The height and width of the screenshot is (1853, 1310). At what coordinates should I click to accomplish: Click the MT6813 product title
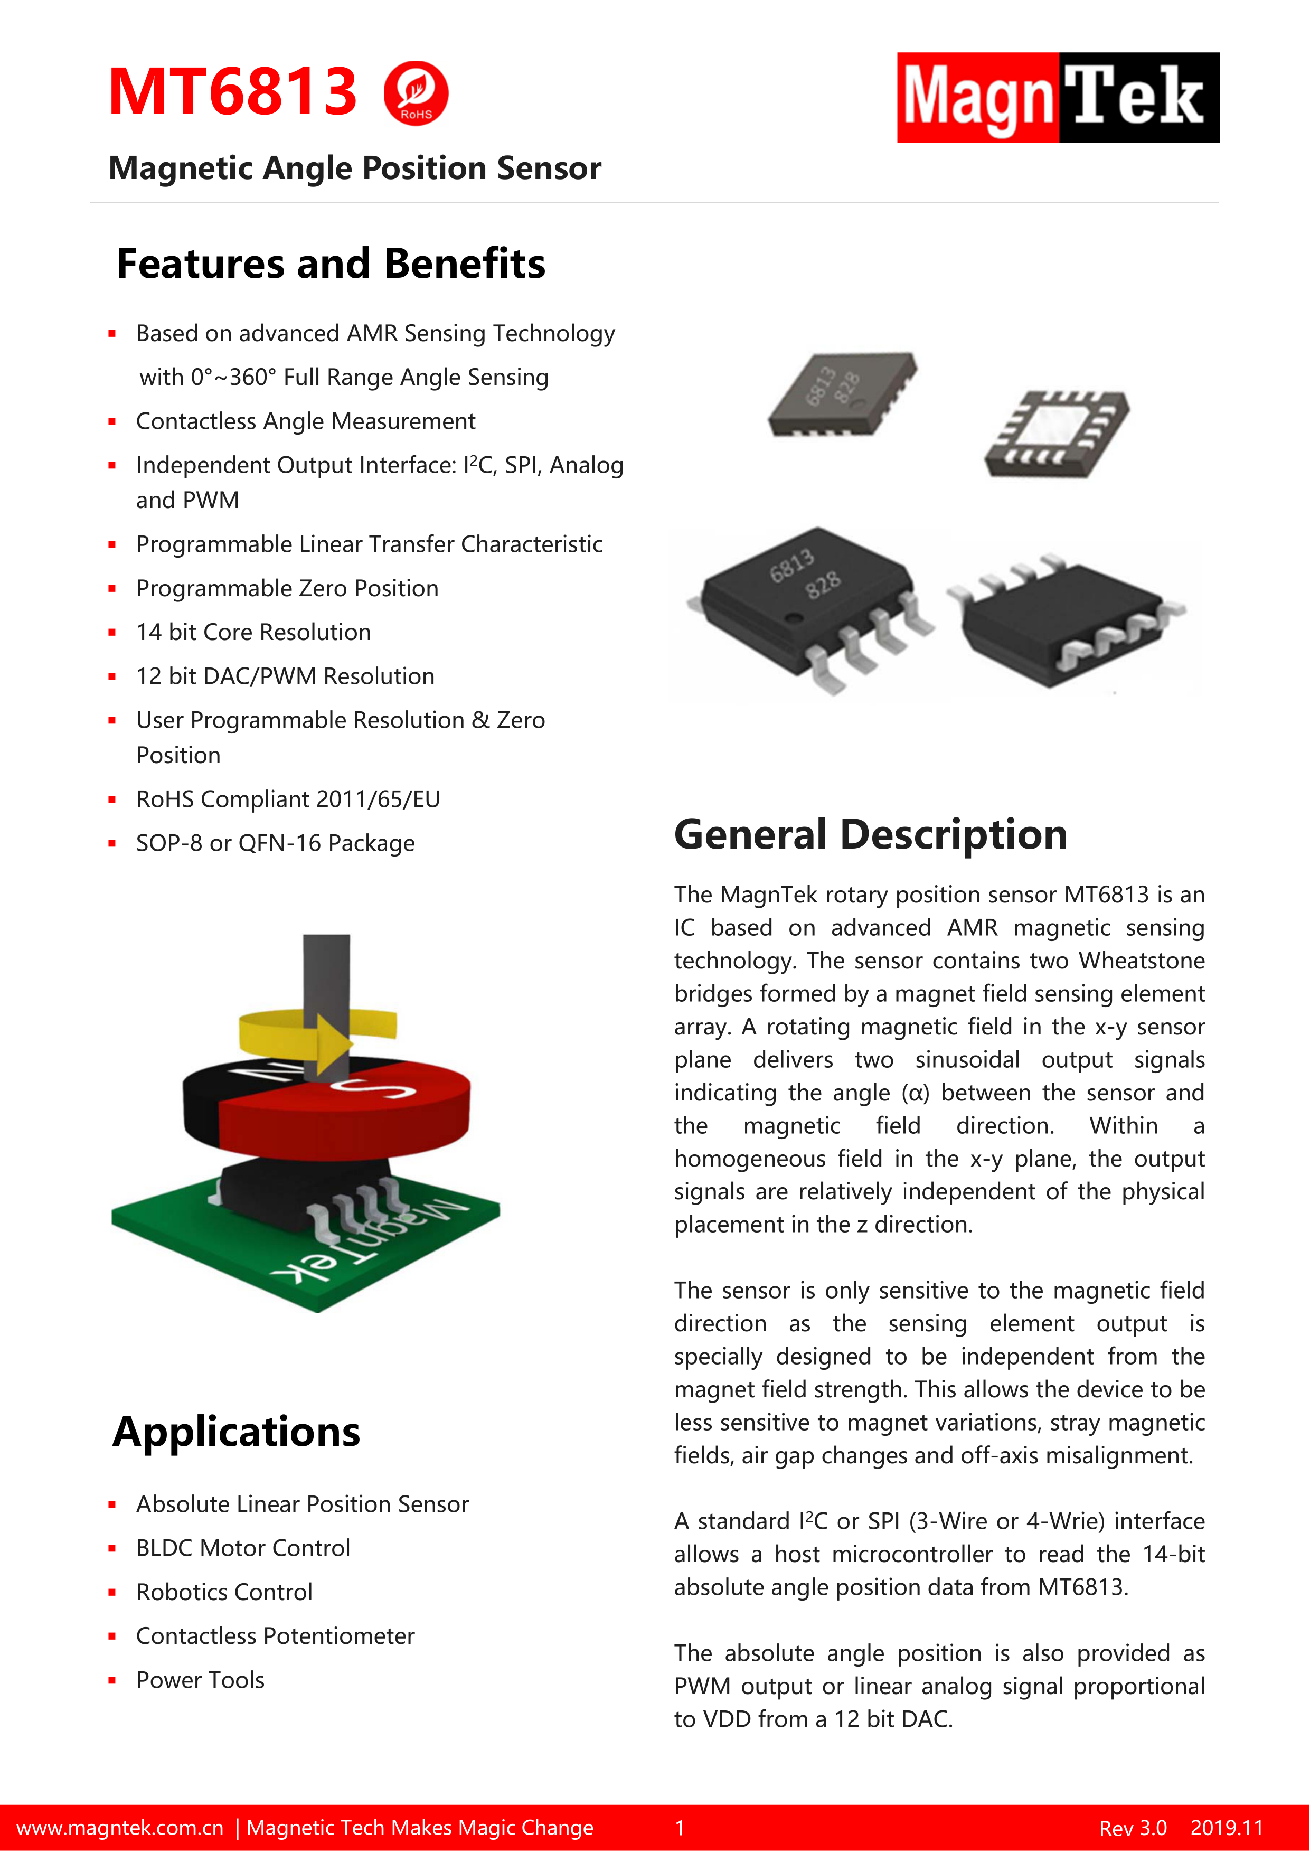click(232, 92)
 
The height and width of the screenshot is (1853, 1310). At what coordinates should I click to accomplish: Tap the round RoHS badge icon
click(416, 93)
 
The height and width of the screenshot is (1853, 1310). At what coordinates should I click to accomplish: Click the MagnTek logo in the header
click(1058, 98)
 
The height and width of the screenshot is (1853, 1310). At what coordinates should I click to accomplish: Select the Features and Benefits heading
click(331, 264)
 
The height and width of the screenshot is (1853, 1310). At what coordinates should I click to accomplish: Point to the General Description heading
click(870, 834)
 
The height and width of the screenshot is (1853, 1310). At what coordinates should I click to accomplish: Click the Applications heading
click(237, 1432)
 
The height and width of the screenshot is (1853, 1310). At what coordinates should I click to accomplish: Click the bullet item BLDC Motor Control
click(243, 1548)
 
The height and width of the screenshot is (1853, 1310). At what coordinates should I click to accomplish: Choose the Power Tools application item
click(200, 1680)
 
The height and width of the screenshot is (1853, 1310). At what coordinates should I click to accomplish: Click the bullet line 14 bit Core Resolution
click(253, 632)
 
